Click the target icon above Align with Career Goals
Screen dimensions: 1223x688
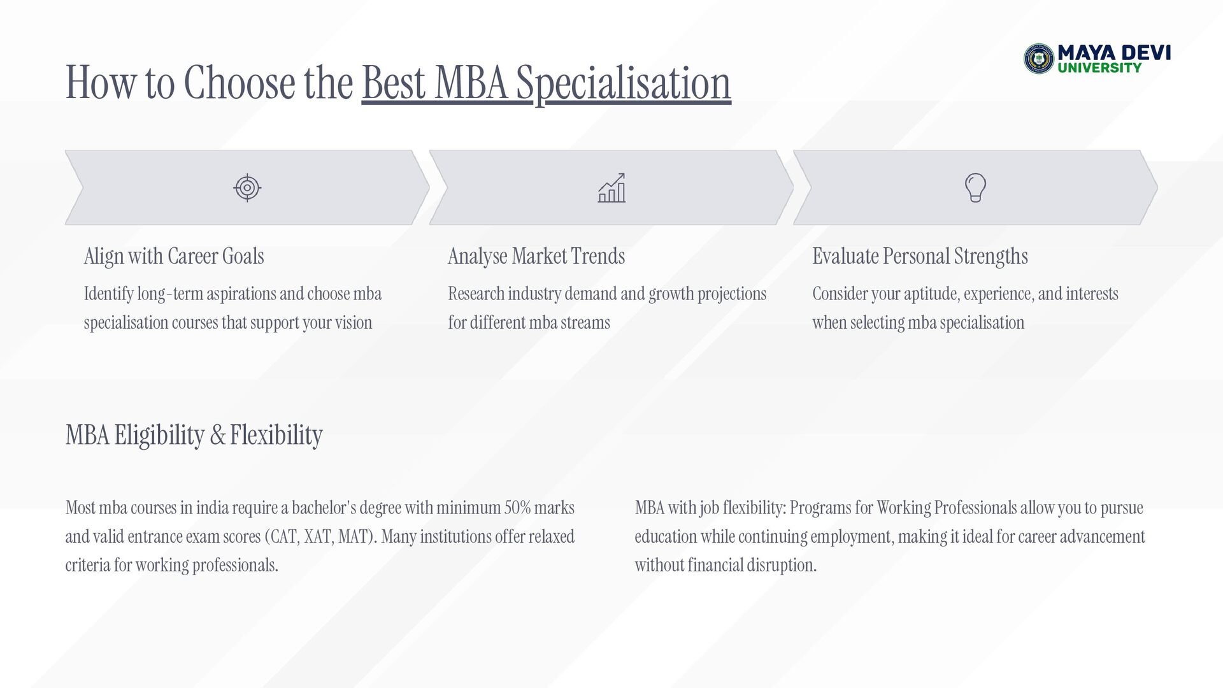(x=247, y=188)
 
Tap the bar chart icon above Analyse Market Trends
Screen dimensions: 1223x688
(x=611, y=188)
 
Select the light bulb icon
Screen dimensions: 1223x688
(x=975, y=188)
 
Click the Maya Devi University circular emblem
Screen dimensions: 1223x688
(x=1039, y=59)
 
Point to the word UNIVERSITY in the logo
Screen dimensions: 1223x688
(x=1100, y=68)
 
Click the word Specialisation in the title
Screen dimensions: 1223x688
(x=624, y=83)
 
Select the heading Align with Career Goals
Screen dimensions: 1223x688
(x=174, y=256)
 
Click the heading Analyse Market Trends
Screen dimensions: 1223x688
(x=536, y=256)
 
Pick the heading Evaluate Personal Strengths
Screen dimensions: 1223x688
(x=920, y=256)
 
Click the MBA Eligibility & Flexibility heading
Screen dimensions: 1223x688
(x=194, y=435)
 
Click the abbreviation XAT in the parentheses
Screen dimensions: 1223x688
(x=317, y=536)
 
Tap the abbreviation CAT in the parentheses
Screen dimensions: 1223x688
(x=283, y=536)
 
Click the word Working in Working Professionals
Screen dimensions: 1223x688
(x=904, y=508)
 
